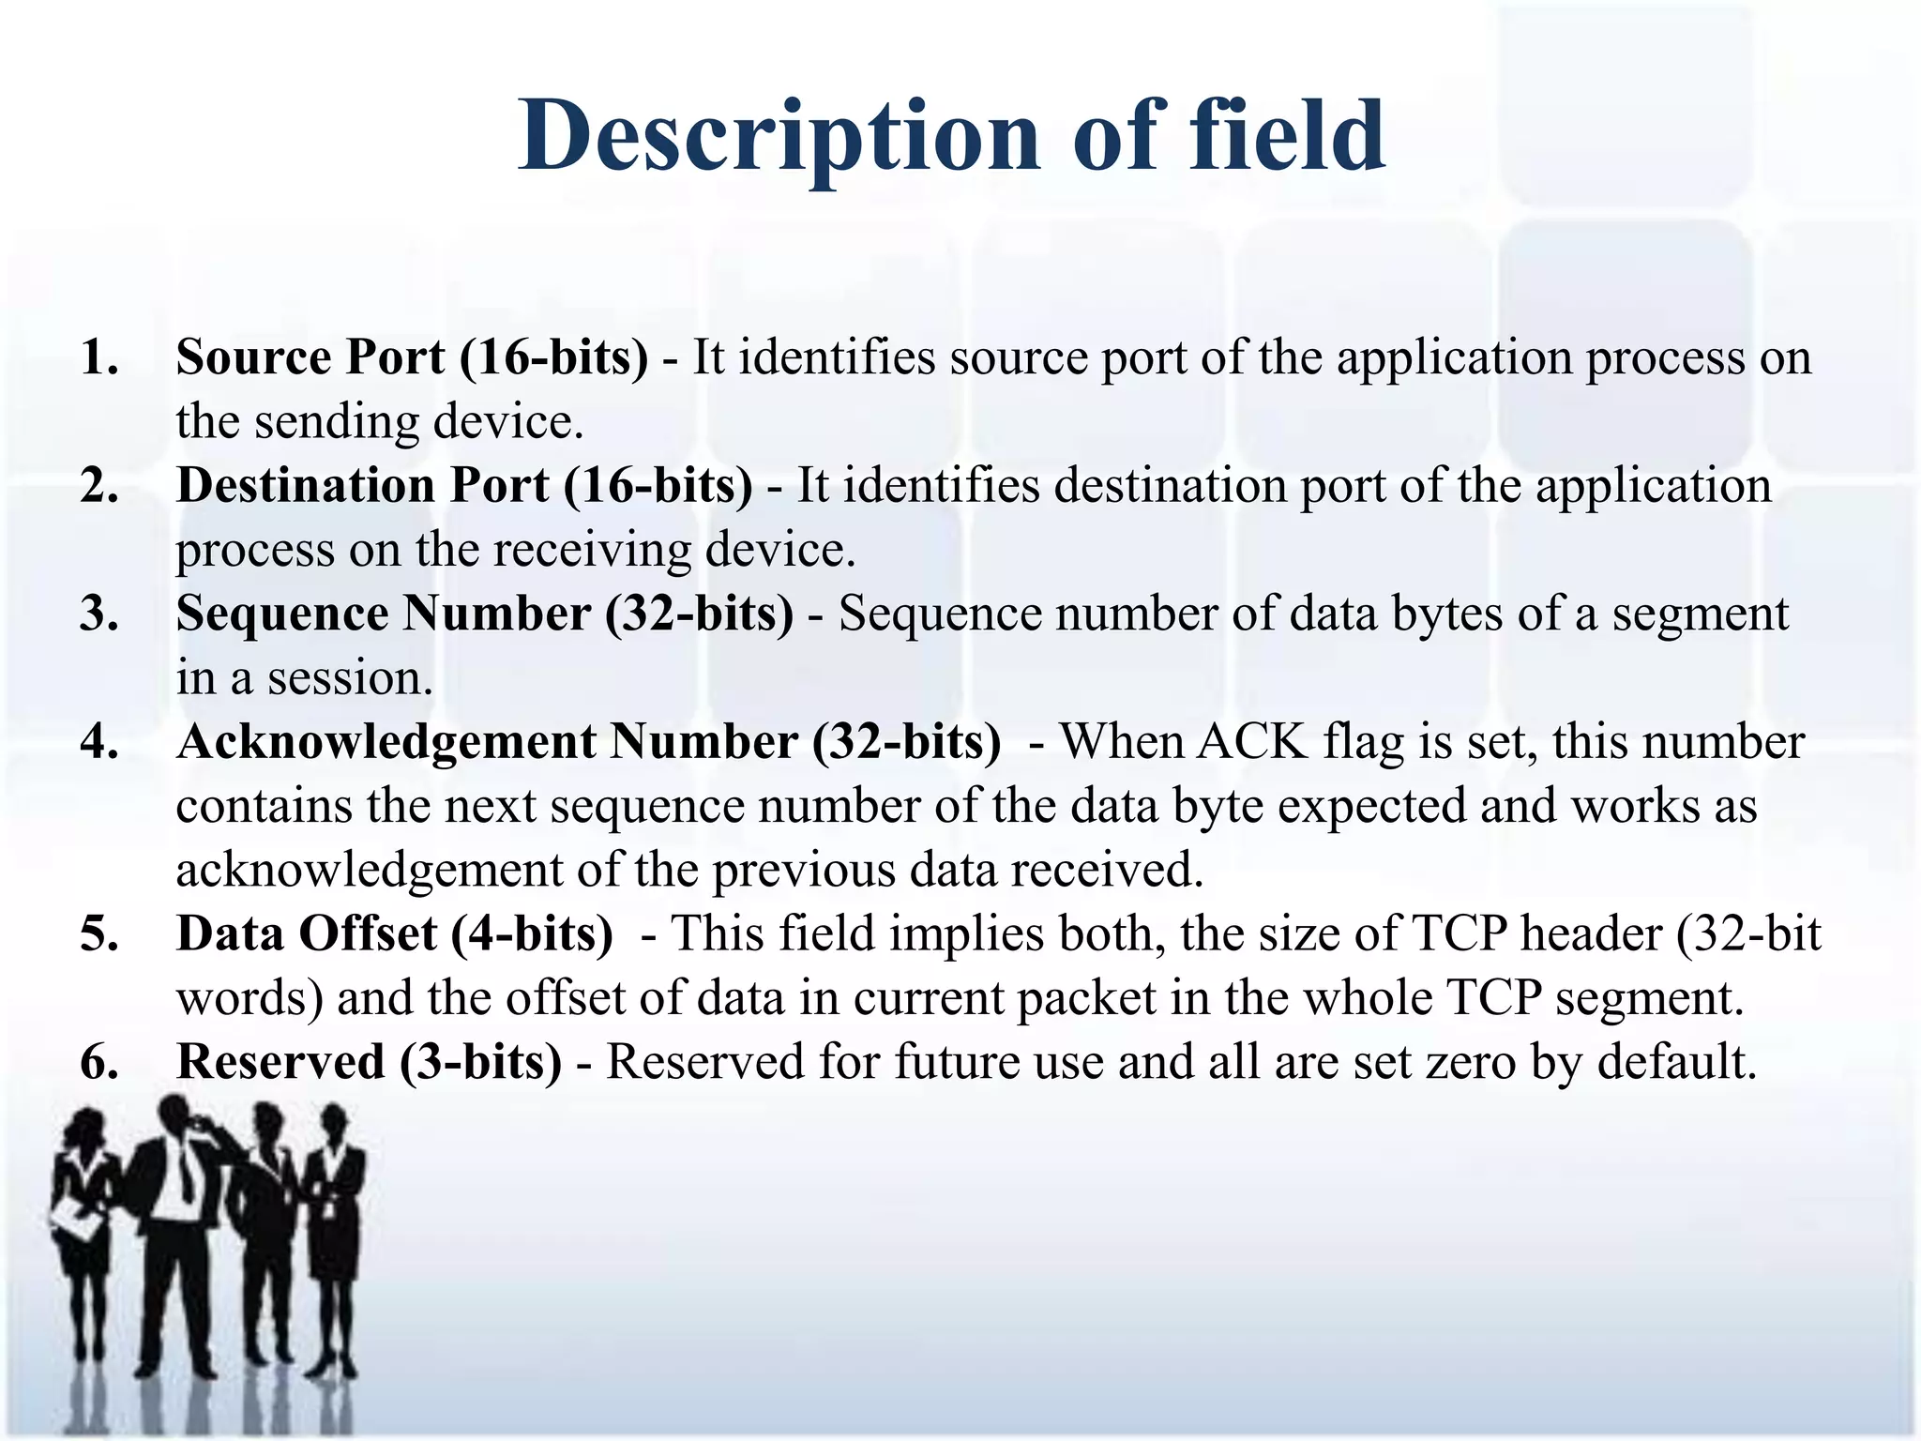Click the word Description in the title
pos(779,138)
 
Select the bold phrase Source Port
pos(310,357)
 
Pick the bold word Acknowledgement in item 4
pos(385,742)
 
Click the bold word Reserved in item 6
pos(280,1062)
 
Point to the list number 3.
pos(99,614)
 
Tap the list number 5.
pos(99,934)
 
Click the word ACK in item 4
pos(1251,742)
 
